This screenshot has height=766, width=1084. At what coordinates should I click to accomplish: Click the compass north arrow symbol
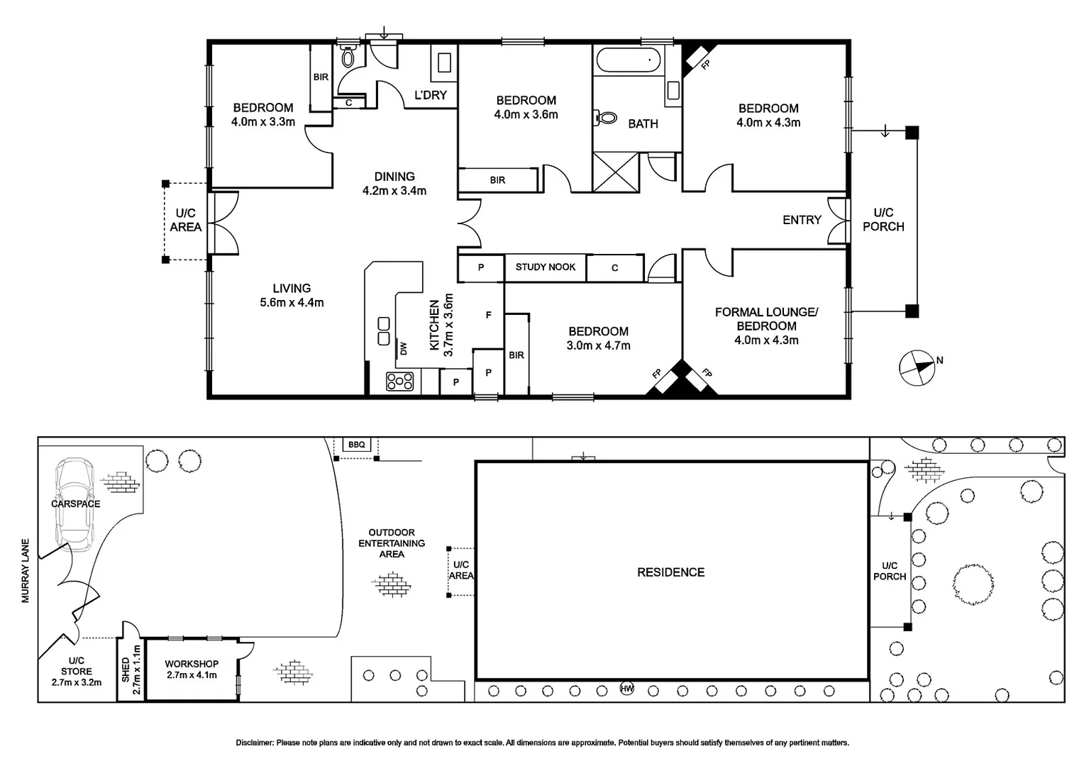pyautogui.click(x=917, y=368)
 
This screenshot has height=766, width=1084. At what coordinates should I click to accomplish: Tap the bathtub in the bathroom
pyautogui.click(x=628, y=60)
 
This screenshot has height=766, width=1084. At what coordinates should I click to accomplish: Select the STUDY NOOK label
pyautogui.click(x=546, y=267)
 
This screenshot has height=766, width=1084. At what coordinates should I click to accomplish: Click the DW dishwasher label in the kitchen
pyautogui.click(x=404, y=348)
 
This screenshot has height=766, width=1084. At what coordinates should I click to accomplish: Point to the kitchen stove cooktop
pyautogui.click(x=399, y=381)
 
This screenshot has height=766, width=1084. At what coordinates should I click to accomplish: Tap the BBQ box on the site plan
pyautogui.click(x=357, y=444)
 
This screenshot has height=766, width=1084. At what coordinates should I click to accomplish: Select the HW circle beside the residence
pyautogui.click(x=626, y=689)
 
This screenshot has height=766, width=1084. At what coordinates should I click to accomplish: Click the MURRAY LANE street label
pyautogui.click(x=26, y=571)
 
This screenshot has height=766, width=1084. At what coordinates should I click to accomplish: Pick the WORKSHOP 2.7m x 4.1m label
pyautogui.click(x=192, y=670)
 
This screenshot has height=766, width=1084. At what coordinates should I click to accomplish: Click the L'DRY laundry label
pyautogui.click(x=431, y=95)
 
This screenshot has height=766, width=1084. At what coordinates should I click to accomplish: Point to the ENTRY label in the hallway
pyautogui.click(x=802, y=220)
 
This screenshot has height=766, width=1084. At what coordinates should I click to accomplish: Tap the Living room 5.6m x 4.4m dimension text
pyautogui.click(x=292, y=303)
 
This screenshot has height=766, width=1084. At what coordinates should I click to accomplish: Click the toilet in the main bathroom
pyautogui.click(x=606, y=118)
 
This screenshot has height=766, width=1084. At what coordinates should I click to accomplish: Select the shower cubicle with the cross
pyautogui.click(x=616, y=172)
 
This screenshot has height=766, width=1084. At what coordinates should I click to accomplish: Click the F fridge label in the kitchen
pyautogui.click(x=489, y=315)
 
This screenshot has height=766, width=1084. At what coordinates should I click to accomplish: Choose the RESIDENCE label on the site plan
pyautogui.click(x=670, y=572)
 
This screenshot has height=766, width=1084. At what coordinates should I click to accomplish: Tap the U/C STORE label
pyautogui.click(x=77, y=666)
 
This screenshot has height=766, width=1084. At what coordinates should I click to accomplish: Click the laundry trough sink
pyautogui.click(x=444, y=62)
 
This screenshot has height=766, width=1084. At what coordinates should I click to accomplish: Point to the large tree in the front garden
pyautogui.click(x=973, y=584)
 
